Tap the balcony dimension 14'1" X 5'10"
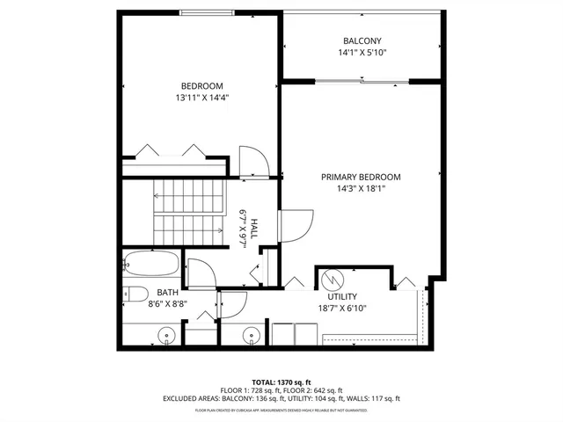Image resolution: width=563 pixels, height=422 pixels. [361, 53]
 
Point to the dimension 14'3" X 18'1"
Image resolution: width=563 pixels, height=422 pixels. [361, 188]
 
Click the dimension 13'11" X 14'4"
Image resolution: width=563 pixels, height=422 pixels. [195, 98]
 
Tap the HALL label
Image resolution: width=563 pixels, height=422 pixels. [254, 229]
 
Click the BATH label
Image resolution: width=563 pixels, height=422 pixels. [168, 292]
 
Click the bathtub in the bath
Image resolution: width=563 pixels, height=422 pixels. [153, 263]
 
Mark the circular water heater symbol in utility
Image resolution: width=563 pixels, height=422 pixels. [331, 280]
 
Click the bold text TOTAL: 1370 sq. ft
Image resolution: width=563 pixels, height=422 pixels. [281, 381]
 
